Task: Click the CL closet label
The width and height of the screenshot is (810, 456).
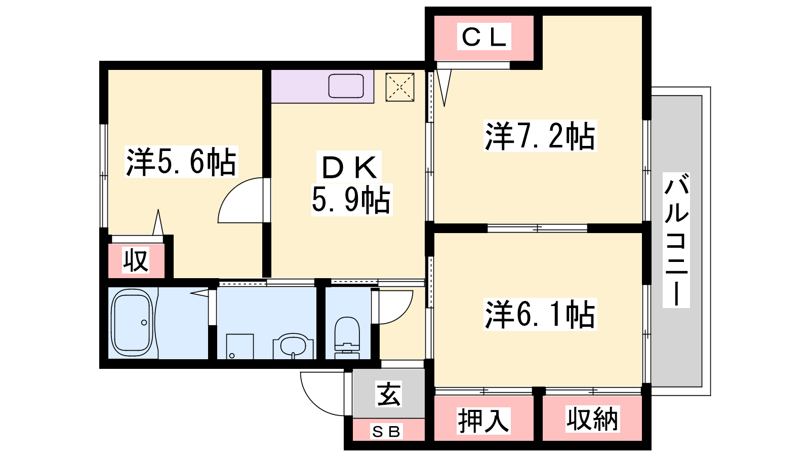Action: pyautogui.click(x=484, y=36)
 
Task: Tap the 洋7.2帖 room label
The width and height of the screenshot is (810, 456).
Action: pyautogui.click(x=540, y=136)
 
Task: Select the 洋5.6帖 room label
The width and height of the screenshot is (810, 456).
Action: pyautogui.click(x=181, y=162)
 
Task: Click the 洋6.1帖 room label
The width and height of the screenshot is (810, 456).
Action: pyautogui.click(x=540, y=314)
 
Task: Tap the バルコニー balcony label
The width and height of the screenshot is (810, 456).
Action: pyautogui.click(x=676, y=240)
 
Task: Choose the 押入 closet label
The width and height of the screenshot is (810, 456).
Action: pyautogui.click(x=483, y=421)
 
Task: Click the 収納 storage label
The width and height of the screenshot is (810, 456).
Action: pyautogui.click(x=592, y=419)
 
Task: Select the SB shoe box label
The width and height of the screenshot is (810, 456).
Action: pyautogui.click(x=386, y=431)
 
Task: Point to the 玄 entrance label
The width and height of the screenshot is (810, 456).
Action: pyautogui.click(x=389, y=394)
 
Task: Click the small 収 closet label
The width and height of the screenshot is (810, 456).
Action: pyautogui.click(x=136, y=260)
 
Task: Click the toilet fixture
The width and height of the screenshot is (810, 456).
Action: pyautogui.click(x=347, y=338)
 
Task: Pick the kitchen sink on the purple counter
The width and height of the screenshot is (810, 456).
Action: pyautogui.click(x=346, y=86)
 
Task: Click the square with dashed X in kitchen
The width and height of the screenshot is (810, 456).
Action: pyautogui.click(x=400, y=87)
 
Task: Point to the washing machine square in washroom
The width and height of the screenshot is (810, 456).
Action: pyautogui.click(x=240, y=347)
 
